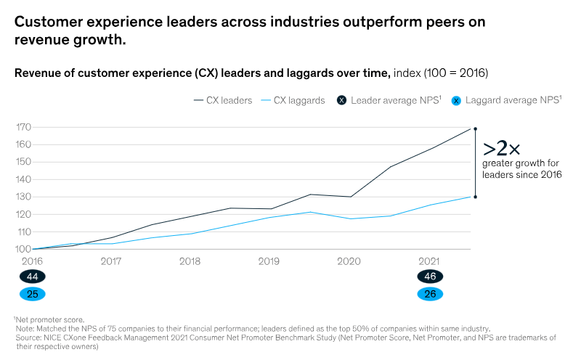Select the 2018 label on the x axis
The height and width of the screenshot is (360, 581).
[190, 261]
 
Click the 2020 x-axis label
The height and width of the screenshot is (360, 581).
[349, 261]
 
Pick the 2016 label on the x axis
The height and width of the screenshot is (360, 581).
[32, 261]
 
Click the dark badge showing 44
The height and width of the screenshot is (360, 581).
[32, 277]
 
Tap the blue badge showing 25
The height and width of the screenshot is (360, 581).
[32, 294]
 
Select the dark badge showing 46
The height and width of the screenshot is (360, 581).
[429, 277]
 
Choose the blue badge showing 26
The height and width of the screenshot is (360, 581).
[429, 294]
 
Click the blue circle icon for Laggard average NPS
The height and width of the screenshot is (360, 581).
[456, 101]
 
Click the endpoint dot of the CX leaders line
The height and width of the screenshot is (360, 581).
[475, 128]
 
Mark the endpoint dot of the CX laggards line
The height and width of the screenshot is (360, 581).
[475, 197]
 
